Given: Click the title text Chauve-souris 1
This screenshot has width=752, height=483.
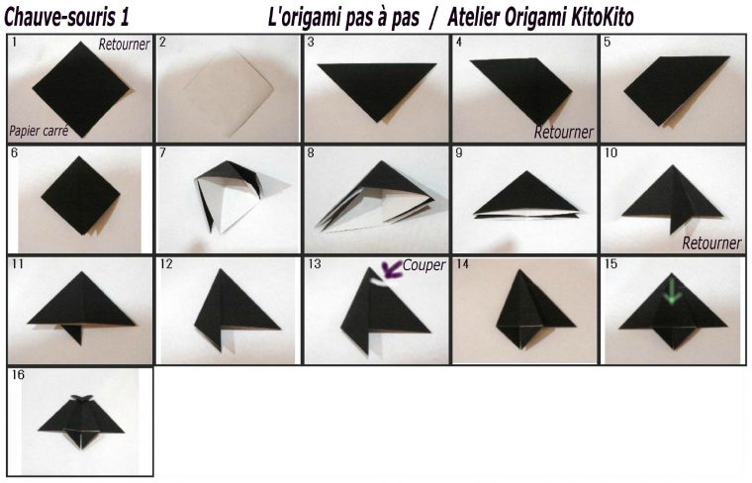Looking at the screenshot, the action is click(x=66, y=18).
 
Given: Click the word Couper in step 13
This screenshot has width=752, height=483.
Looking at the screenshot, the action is click(x=423, y=265).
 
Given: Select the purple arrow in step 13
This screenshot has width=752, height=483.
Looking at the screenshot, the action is click(x=392, y=269).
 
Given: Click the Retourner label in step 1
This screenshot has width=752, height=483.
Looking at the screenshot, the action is click(x=125, y=45).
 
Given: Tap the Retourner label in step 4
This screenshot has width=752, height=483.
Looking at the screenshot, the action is click(x=564, y=132).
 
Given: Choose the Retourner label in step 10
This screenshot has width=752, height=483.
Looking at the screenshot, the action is click(x=711, y=243).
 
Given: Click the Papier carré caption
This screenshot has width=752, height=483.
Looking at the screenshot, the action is click(x=39, y=131).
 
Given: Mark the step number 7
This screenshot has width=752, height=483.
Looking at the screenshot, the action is click(x=162, y=153).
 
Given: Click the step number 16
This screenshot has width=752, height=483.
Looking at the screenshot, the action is click(x=18, y=374).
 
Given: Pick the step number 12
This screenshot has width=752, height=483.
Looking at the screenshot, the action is click(x=166, y=264).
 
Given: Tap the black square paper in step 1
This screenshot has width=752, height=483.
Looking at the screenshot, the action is click(x=80, y=89).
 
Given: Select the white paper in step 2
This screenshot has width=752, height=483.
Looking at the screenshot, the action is click(x=228, y=88).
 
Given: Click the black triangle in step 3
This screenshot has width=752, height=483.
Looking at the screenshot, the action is click(x=377, y=91).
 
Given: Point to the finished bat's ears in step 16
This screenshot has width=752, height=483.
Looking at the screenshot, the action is click(x=81, y=398).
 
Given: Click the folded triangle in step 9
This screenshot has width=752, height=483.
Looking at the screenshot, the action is click(x=526, y=194).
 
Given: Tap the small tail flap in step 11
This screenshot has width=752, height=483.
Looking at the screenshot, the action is click(x=73, y=334).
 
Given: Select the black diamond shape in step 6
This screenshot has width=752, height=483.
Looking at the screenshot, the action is click(x=80, y=196).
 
